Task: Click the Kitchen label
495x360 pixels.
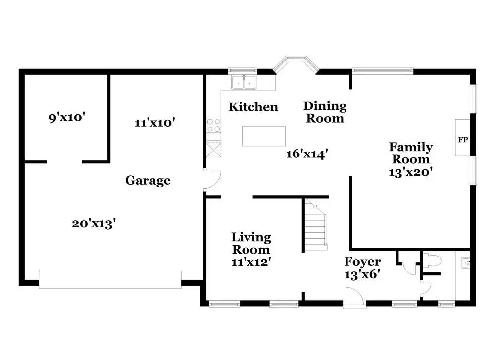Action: (253, 107)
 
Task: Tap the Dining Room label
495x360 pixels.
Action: (325, 112)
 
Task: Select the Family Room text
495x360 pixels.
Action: (410, 153)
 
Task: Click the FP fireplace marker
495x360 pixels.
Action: (463, 140)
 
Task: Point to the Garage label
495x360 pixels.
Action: (148, 180)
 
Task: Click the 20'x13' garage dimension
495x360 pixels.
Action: (94, 224)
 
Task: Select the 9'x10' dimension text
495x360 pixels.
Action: (67, 118)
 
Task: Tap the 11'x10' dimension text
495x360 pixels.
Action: (154, 122)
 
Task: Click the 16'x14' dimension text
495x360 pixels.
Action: (307, 154)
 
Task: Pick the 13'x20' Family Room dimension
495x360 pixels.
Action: (410, 172)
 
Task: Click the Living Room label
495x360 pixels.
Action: (251, 243)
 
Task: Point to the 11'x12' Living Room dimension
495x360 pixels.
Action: (251, 262)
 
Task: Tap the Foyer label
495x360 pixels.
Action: (362, 262)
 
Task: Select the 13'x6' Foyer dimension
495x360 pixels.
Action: (362, 274)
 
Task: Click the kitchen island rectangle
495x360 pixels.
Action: (264, 136)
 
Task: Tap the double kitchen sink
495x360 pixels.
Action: (244, 82)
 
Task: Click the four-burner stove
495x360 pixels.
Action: (214, 125)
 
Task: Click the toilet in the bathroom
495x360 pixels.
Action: (432, 261)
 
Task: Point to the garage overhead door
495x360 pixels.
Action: (110, 280)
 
